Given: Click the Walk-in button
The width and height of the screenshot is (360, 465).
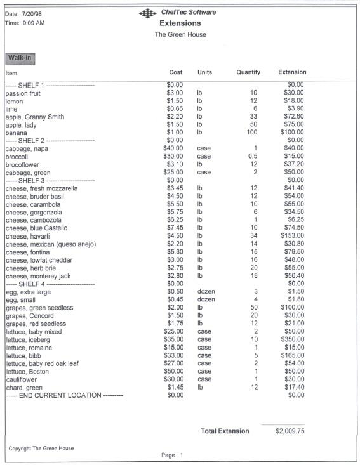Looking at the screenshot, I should tap(19, 58).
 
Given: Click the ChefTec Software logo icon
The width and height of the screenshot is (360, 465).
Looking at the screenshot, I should tap(147, 13).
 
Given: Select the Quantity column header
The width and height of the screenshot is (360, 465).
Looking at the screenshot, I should tap(248, 73).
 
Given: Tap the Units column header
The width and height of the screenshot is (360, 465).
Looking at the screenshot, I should tap(204, 73).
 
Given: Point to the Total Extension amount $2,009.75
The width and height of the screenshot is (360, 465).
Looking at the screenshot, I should tap(290, 431).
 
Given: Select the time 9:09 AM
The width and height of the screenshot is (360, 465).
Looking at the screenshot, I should tap(32, 23).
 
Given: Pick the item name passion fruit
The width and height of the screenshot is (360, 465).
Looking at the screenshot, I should tap(23, 93).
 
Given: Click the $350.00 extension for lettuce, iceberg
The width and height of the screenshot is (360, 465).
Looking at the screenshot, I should tap(291, 339).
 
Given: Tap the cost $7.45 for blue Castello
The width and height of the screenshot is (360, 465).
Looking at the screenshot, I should tap(174, 228).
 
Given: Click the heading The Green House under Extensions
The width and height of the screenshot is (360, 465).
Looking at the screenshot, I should tap(180, 34).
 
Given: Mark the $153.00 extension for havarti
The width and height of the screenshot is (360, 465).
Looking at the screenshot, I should tap(291, 236).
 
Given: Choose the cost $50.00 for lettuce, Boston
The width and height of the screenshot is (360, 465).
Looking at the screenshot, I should tap(173, 371).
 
